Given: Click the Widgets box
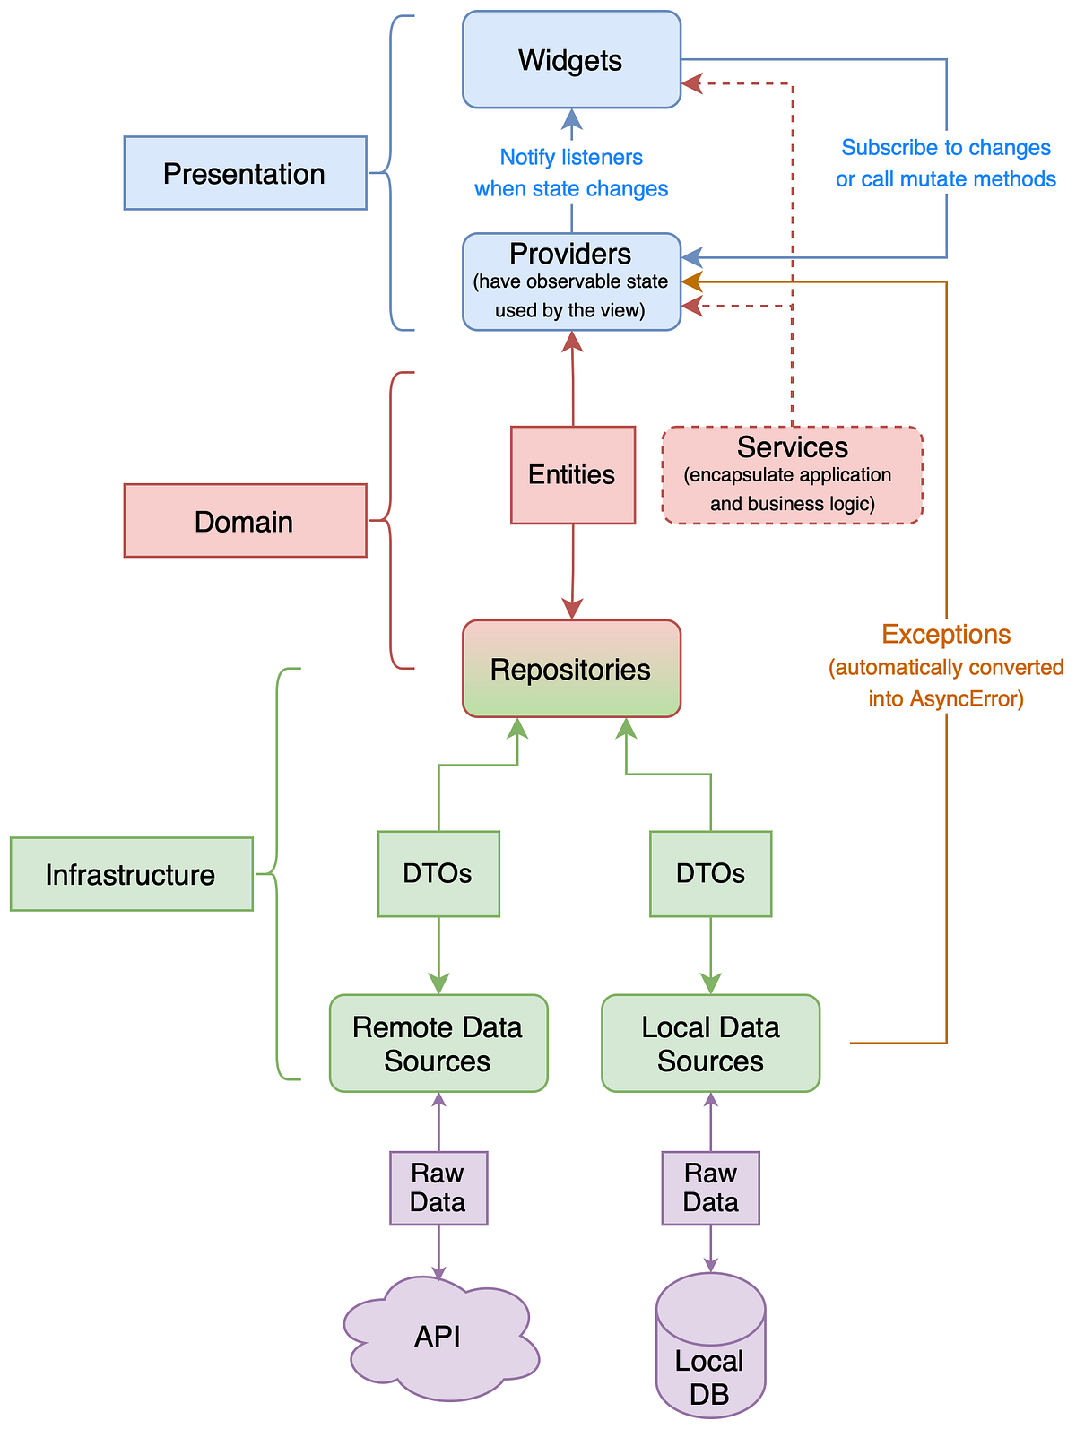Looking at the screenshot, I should [x=571, y=60].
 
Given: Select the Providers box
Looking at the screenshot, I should [x=571, y=281].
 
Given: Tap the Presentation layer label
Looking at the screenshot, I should [x=245, y=173].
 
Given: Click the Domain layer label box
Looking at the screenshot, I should [x=245, y=521].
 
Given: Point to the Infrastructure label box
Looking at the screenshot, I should [x=132, y=874].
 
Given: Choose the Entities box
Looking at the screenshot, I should [x=572, y=474].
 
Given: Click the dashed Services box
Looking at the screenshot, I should [x=792, y=474].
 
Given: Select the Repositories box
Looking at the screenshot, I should [x=571, y=669].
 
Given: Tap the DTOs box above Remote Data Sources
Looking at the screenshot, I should [x=438, y=873].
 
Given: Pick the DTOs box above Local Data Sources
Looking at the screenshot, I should [x=710, y=873].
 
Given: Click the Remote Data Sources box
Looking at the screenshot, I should [x=438, y=1043].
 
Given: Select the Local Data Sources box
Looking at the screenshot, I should [x=710, y=1043].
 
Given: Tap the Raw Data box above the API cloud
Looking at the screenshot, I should [x=438, y=1188].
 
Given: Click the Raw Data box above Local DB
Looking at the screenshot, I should [x=710, y=1188].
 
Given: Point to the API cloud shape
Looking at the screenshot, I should [x=439, y=1338].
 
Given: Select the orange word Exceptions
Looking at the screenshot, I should [x=946, y=635].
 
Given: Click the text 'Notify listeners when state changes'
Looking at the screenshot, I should [x=571, y=173].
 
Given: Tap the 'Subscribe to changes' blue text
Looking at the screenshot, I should [x=946, y=148].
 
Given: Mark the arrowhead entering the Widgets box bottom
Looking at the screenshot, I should [x=572, y=118].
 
